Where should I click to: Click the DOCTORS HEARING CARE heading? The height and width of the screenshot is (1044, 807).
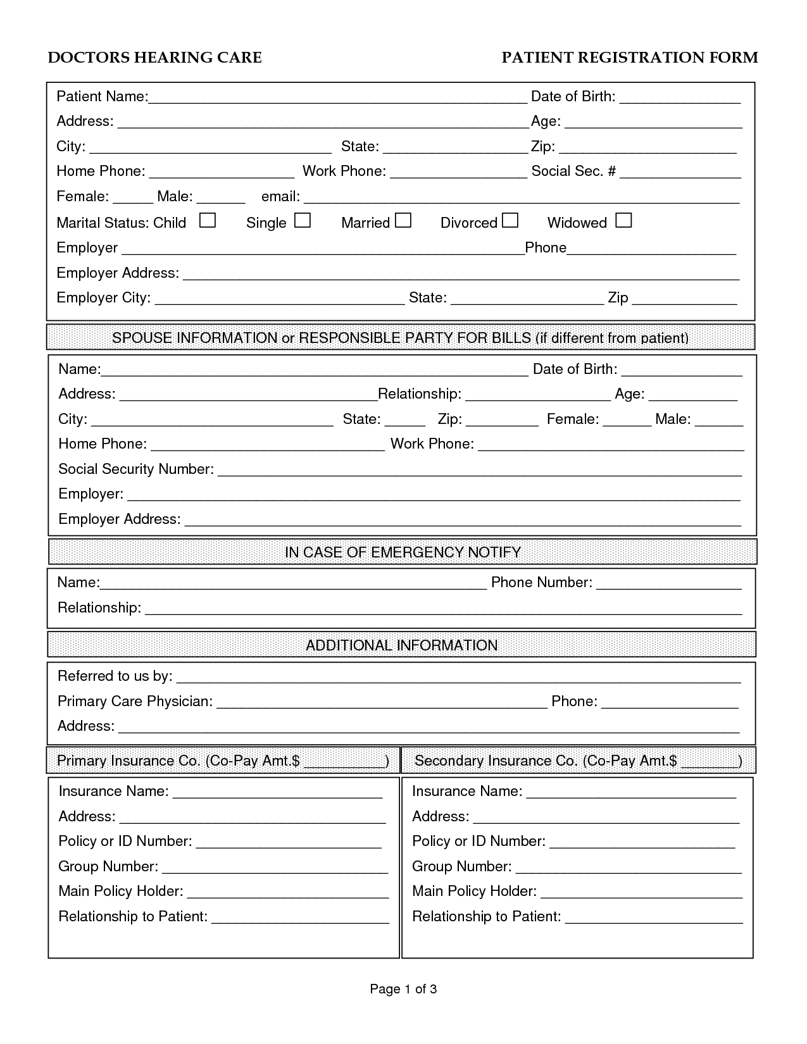point(155,58)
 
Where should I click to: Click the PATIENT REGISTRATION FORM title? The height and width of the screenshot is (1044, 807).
point(630,58)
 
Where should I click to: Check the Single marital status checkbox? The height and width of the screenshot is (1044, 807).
point(303,221)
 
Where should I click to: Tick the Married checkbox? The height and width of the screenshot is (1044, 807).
point(403,221)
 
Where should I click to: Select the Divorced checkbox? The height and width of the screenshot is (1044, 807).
point(510,221)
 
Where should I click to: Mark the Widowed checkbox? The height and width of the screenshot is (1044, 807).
point(623,221)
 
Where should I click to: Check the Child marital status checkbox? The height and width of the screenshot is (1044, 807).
point(208,221)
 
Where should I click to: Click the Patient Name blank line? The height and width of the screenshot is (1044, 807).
point(337,99)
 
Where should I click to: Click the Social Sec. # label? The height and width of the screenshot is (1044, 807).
point(573,171)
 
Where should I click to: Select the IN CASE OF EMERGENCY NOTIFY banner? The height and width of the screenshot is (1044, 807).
point(403,552)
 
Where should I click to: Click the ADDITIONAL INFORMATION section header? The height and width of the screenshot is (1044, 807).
point(401,645)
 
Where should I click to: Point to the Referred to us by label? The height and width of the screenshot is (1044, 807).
point(115,676)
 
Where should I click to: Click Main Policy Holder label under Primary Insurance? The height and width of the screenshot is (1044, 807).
point(120,891)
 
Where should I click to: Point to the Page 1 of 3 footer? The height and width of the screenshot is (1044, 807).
point(403,988)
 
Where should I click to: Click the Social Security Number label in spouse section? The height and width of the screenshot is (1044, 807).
point(135,469)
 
